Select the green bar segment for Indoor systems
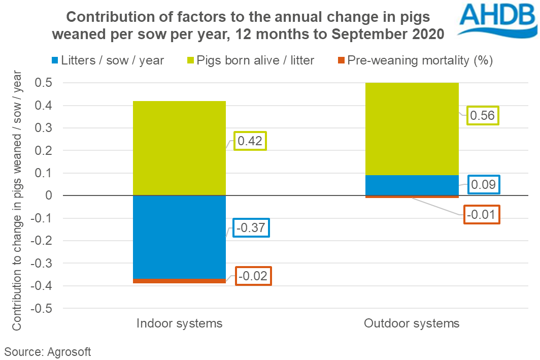tap(179, 148)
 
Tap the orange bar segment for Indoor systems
tap(179, 281)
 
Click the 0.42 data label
tap(250, 141)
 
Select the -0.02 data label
tap(254, 277)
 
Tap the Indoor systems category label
tap(179, 323)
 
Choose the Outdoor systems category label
tap(412, 323)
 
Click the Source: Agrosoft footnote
tap(47, 351)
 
